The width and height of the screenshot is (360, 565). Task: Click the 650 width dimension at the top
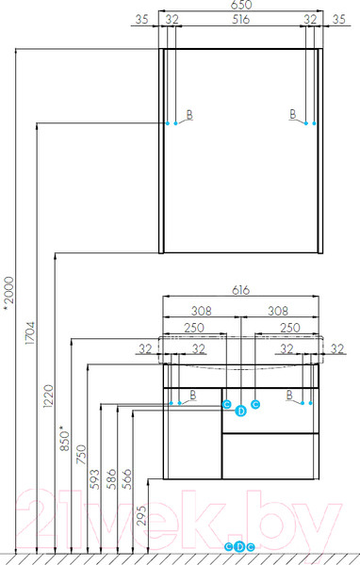pos(241,5)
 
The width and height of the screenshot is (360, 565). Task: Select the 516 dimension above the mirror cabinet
pos(240,19)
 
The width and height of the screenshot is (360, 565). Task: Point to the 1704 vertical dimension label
pos(30,333)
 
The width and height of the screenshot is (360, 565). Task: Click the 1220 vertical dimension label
pos(48,396)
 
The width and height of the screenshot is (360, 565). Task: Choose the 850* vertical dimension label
pos(65,438)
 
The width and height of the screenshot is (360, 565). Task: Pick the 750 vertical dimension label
pos(82,455)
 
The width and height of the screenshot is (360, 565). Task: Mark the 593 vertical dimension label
pos(94,479)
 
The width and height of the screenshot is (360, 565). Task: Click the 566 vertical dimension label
pos(127,479)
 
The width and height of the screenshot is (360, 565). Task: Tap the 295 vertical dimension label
pos(142,515)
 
